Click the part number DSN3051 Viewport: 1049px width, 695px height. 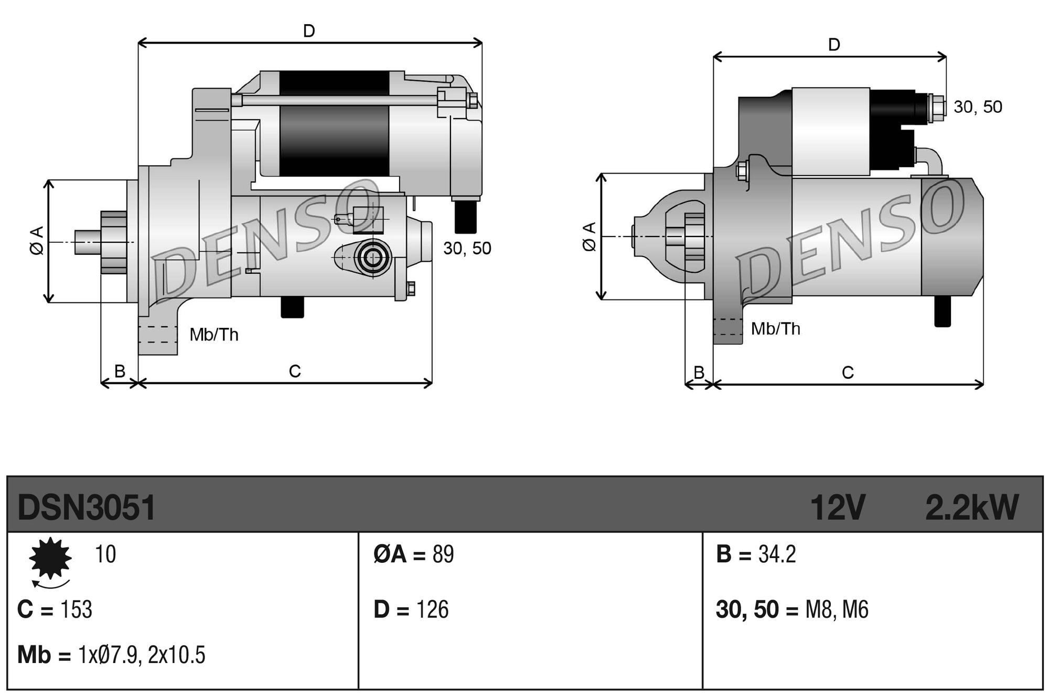87,508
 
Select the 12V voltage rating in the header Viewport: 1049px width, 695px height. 837,508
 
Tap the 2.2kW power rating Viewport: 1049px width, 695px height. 971,508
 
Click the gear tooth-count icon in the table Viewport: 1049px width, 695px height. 50,558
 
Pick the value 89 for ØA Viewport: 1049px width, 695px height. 443,554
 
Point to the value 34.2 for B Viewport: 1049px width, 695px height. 777,554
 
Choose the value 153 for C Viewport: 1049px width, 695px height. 77,610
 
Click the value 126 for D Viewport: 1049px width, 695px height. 432,610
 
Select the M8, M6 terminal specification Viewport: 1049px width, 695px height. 837,610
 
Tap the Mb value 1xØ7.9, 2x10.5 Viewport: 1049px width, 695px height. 142,655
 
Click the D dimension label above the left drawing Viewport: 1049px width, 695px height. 309,31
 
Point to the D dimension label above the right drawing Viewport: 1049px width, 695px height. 834,45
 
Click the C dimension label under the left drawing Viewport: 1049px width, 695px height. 295,371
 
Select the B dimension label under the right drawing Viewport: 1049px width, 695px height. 699,372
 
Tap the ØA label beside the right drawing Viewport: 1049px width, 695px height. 590,237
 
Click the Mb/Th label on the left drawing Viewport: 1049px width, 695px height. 214,335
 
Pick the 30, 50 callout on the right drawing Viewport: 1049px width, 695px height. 978,107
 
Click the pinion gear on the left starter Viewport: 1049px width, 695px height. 113,242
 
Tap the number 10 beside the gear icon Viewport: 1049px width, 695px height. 105,554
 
